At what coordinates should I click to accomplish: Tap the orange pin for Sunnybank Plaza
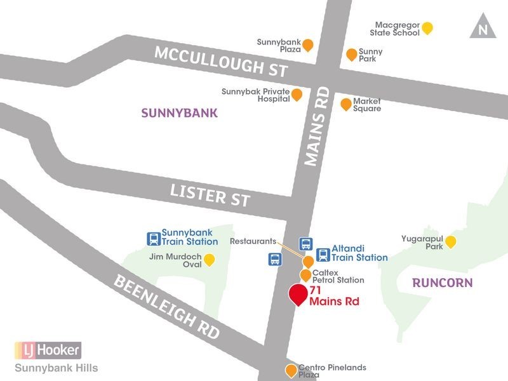pyautogui.click(x=308, y=44)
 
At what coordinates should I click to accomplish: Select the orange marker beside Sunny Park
pyautogui.click(x=351, y=55)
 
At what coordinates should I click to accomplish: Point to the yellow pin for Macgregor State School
pyautogui.click(x=428, y=28)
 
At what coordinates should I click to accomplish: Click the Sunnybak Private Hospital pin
pyautogui.click(x=297, y=95)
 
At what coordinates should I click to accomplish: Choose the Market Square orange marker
pyautogui.click(x=345, y=104)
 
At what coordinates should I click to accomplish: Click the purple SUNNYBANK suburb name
pyautogui.click(x=179, y=114)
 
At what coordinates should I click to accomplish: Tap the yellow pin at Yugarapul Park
pyautogui.click(x=450, y=241)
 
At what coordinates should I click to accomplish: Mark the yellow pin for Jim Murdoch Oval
pyautogui.click(x=208, y=259)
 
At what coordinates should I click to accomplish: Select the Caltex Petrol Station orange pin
pyautogui.click(x=305, y=275)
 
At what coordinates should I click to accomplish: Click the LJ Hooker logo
pyautogui.click(x=48, y=350)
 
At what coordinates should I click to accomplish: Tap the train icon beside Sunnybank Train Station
pyautogui.click(x=153, y=239)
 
